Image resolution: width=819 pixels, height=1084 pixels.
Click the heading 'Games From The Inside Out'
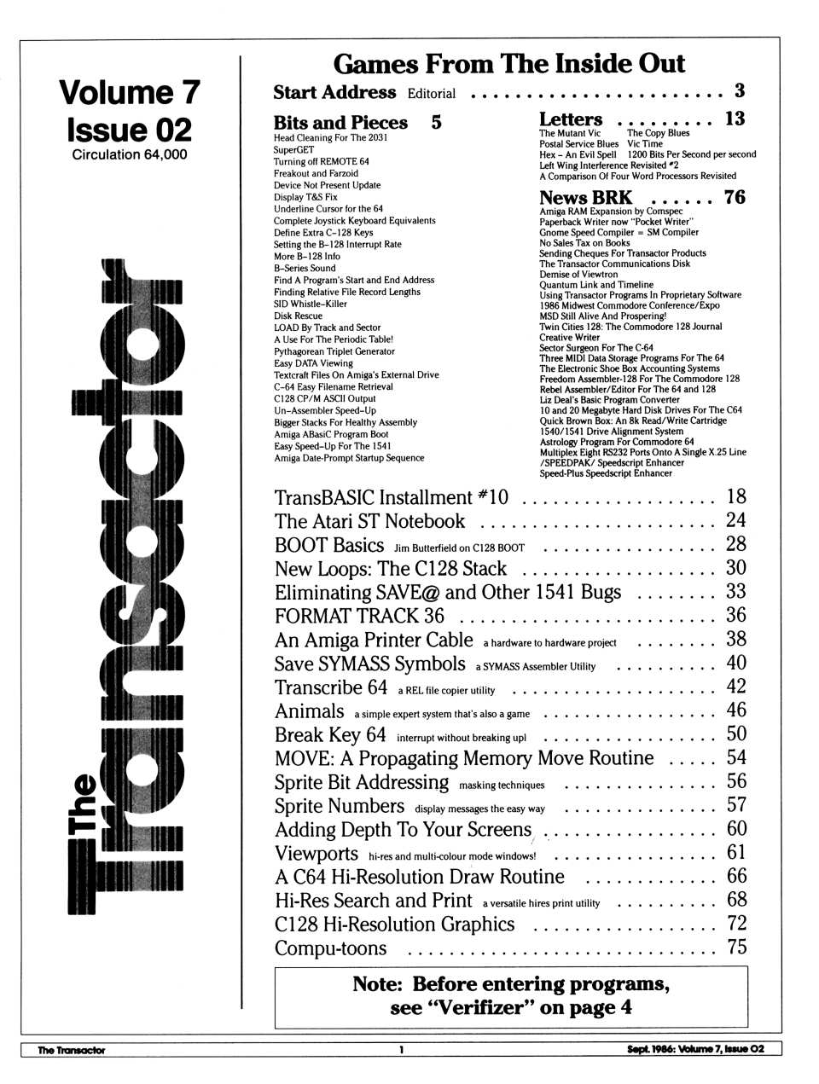click(508, 63)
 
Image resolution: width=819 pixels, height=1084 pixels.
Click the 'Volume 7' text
click(129, 92)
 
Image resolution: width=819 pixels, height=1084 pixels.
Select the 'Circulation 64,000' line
click(129, 154)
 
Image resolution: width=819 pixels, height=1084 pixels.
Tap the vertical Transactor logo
click(128, 588)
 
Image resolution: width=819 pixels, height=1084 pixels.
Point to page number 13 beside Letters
click(735, 119)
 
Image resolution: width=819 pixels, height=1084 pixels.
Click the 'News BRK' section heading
click(585, 197)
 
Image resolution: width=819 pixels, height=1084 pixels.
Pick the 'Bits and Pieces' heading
click(340, 122)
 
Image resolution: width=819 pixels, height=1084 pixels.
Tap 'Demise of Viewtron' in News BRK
click(578, 275)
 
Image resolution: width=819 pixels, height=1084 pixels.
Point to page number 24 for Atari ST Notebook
click(735, 520)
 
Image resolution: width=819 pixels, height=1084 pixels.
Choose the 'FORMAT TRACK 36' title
click(359, 616)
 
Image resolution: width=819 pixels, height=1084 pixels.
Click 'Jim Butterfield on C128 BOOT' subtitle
click(459, 548)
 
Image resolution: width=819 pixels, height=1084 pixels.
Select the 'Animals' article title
click(309, 711)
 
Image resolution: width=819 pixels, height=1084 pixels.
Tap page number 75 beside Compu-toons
click(736, 947)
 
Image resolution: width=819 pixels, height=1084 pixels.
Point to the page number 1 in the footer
click(401, 1050)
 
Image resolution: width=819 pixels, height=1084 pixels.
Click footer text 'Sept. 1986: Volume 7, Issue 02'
click(701, 1050)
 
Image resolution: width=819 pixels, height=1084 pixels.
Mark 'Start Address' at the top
click(334, 92)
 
